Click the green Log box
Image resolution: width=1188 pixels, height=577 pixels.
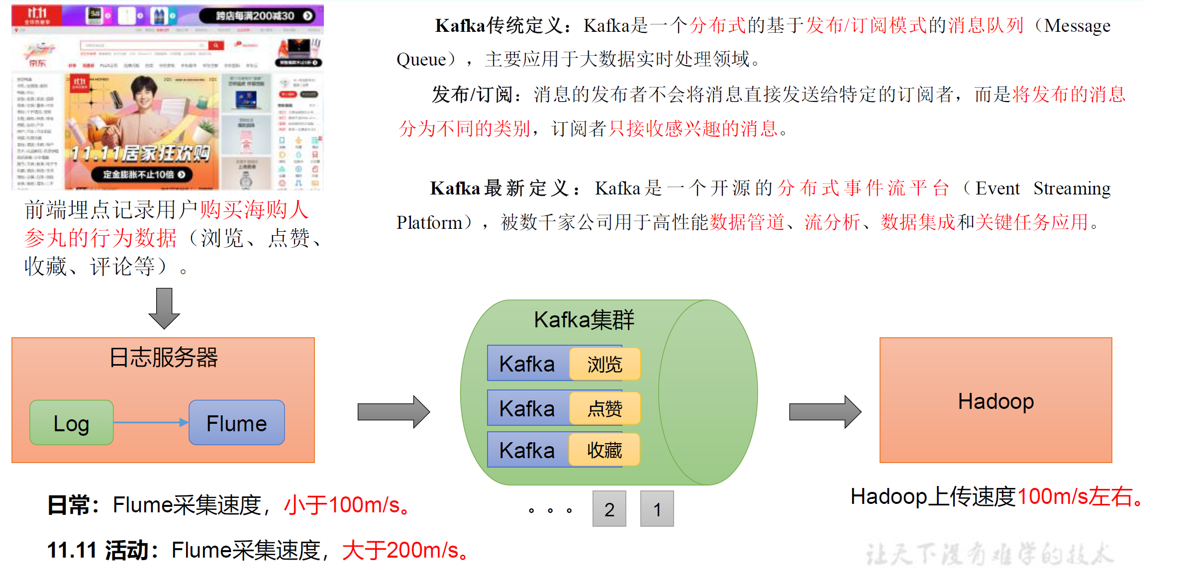pos(72,423)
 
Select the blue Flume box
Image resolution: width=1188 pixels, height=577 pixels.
pos(237,423)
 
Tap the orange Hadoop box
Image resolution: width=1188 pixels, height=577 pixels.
pos(995,400)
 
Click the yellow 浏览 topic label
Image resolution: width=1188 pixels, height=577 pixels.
pos(604,364)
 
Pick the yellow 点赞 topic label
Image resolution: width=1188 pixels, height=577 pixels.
pos(604,408)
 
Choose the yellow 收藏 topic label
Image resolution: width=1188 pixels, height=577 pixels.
pos(604,450)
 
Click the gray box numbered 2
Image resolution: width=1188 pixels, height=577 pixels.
pos(609,509)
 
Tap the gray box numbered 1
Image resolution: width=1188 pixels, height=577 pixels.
pos(657,509)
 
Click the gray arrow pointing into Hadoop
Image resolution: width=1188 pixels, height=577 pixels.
pos(824,412)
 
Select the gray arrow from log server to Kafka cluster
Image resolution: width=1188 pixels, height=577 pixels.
pos(393,412)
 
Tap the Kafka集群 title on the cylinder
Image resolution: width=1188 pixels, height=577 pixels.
pos(584,320)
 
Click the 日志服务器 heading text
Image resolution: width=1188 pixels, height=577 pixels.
pos(164,357)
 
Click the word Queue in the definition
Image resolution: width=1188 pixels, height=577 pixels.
pos(421,60)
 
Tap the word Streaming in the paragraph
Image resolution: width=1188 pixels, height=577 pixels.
pos(1072,189)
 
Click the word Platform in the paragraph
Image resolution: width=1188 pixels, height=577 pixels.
pos(429,222)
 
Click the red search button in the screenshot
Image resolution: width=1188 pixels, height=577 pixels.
pos(216,46)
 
